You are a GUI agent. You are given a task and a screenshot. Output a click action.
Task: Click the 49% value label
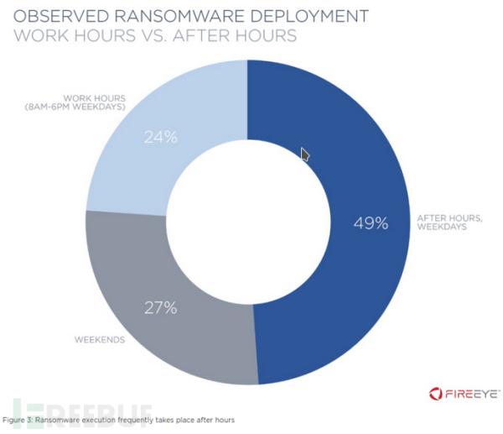[370, 223]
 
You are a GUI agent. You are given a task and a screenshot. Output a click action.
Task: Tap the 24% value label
[160, 137]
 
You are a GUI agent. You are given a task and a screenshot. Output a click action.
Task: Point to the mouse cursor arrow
[305, 155]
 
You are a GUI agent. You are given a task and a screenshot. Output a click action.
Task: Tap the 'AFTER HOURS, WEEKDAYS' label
[449, 224]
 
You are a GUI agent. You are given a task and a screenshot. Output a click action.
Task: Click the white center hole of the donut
[248, 224]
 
